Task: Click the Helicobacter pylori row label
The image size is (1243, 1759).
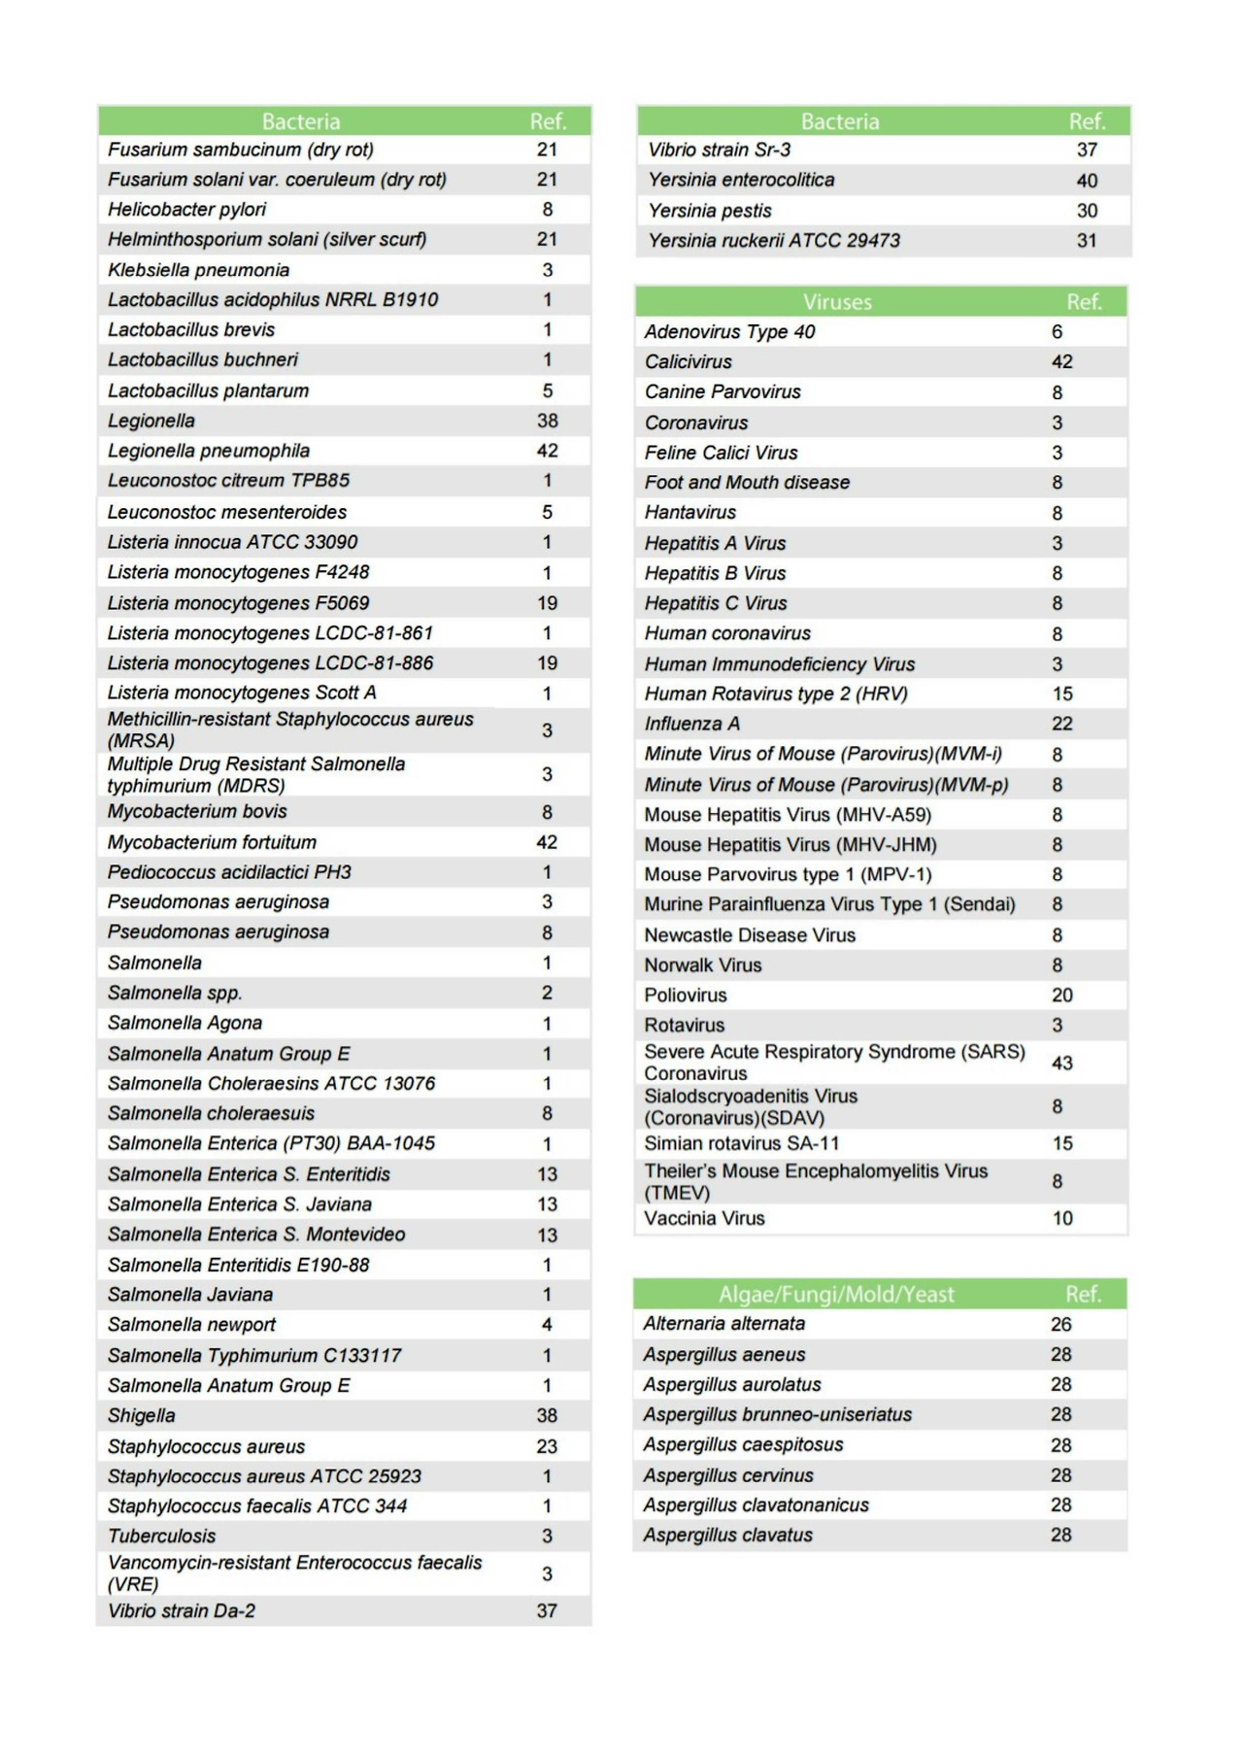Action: coord(186,210)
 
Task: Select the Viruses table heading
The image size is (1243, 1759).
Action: coord(837,302)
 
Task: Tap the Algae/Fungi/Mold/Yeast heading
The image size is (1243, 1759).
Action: coord(836,1295)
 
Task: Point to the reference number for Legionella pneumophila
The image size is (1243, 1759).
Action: coord(547,451)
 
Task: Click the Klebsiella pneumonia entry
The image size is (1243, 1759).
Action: coord(198,270)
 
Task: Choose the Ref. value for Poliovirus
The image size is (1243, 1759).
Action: coord(1062,996)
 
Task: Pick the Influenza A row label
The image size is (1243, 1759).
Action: coord(691,724)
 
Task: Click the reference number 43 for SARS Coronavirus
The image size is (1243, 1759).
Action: coord(1062,1063)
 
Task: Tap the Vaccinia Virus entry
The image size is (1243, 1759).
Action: coord(704,1218)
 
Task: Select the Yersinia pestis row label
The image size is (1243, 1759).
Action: coord(710,211)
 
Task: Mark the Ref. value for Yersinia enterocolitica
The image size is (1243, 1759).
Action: coord(1087,181)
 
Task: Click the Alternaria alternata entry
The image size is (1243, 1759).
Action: coord(723,1324)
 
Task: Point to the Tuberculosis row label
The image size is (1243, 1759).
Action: coord(162,1536)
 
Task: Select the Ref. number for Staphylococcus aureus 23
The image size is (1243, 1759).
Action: coord(547,1446)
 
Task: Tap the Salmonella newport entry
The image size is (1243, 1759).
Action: coord(191,1325)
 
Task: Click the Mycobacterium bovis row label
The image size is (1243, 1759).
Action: coord(197,812)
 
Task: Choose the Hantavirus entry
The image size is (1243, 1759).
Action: coord(689,512)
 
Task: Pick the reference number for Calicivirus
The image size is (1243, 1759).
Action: coord(1062,361)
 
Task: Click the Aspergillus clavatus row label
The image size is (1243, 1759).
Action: coord(727,1536)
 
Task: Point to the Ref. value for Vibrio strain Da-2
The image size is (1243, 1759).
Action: coord(547,1611)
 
